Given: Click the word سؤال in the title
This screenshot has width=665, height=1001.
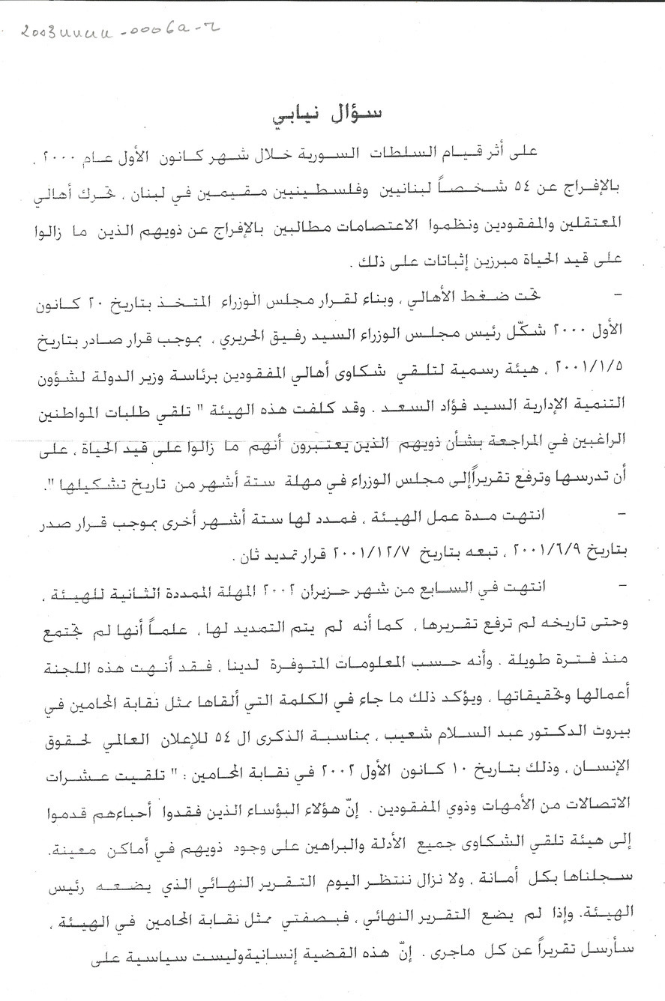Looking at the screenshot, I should pos(358,114).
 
